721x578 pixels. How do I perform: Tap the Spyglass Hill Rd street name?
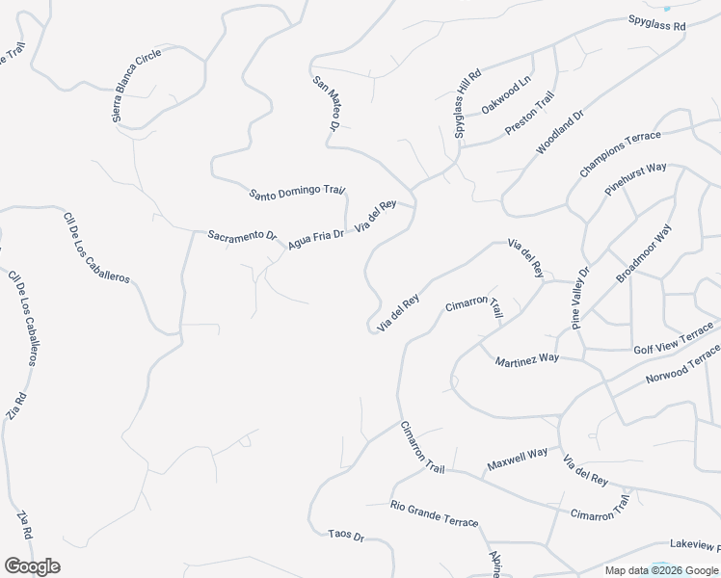[x=467, y=104]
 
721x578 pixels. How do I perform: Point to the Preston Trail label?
[x=530, y=113]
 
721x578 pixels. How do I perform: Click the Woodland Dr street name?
[x=560, y=132]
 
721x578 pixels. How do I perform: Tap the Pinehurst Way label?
[x=635, y=180]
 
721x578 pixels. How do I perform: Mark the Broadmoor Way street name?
[x=644, y=253]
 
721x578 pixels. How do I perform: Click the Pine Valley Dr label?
[x=579, y=299]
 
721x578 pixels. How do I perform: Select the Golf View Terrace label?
[x=674, y=343]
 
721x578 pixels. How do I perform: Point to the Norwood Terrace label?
[x=683, y=365]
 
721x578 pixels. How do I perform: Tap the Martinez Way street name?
[x=526, y=360]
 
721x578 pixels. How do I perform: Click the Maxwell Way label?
[x=517, y=457]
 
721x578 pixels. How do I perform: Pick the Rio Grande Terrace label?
[x=434, y=514]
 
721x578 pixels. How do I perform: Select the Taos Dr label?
[x=345, y=536]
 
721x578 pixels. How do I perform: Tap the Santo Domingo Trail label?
[x=297, y=193]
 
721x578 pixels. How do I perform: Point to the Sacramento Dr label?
[x=243, y=236]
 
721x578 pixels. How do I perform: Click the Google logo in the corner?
[x=32, y=566]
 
